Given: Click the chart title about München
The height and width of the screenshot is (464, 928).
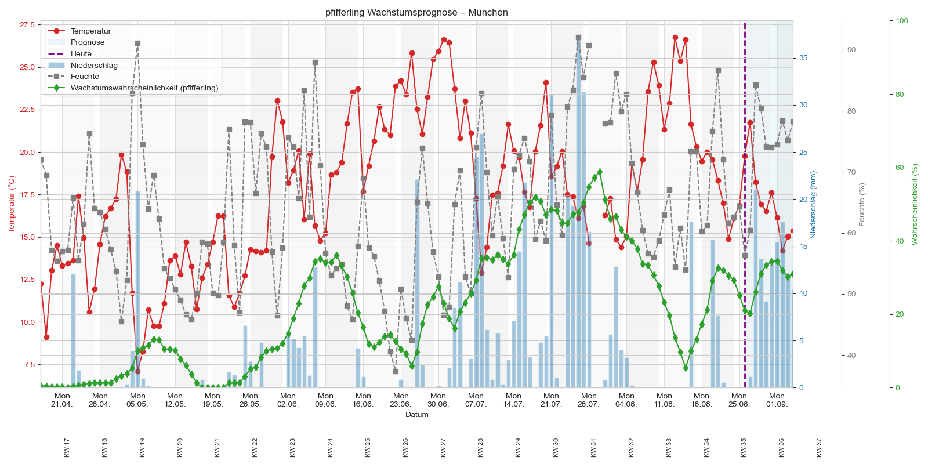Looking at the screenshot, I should point(416,12).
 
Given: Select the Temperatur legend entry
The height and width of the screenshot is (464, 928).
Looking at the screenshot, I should point(90,31).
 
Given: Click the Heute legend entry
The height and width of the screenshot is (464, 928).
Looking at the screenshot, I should point(81,54).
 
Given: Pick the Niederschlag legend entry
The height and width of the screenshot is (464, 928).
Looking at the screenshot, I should point(94,66).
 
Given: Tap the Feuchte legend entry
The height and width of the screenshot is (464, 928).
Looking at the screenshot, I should point(85,77).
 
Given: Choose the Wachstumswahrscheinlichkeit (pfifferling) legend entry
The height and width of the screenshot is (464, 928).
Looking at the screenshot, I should point(144,88).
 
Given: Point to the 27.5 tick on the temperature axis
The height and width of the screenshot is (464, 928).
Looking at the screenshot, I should point(27,24).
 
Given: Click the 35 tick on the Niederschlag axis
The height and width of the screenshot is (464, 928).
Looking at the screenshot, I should point(803,58).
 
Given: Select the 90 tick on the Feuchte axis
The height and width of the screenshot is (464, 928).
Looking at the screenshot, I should point(851,50).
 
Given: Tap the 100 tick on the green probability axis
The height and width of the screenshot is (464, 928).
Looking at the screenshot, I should point(902,21).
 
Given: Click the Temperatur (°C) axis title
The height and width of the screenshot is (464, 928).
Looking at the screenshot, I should point(12,204).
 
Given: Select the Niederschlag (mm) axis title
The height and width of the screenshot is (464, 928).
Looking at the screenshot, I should point(813,204).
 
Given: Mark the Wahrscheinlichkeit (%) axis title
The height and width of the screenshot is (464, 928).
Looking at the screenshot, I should point(915,204).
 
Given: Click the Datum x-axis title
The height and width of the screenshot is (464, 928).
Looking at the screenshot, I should point(416,415).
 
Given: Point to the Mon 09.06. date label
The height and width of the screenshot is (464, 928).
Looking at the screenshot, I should point(325,400).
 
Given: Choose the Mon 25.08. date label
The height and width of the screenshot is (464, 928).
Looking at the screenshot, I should point(739,400).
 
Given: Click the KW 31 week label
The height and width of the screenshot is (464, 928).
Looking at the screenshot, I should point(593,448).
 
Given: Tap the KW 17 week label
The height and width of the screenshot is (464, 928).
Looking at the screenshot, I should point(67,448).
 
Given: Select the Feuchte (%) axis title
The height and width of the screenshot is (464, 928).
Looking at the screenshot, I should point(862,204).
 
